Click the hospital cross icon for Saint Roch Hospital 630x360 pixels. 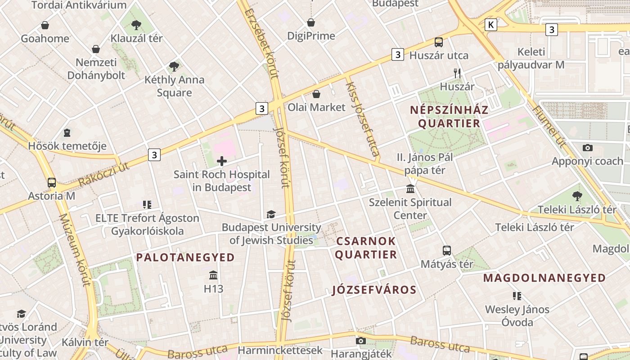222,161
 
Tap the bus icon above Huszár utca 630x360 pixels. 439,42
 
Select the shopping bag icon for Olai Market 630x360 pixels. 316,94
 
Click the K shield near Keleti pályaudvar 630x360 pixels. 491,25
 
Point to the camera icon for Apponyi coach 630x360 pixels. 587,148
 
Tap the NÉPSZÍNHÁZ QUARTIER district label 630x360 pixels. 449,117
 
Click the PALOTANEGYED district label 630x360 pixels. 185,257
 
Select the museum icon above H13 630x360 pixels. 213,275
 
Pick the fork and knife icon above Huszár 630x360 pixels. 457,73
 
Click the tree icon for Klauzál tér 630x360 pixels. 137,25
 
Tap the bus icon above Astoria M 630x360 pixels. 52,183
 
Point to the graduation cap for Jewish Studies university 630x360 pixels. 271,214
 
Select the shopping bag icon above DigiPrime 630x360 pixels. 311,22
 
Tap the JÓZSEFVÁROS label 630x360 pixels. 374,290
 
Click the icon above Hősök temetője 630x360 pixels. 67,133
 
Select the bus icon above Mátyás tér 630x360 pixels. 447,251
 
